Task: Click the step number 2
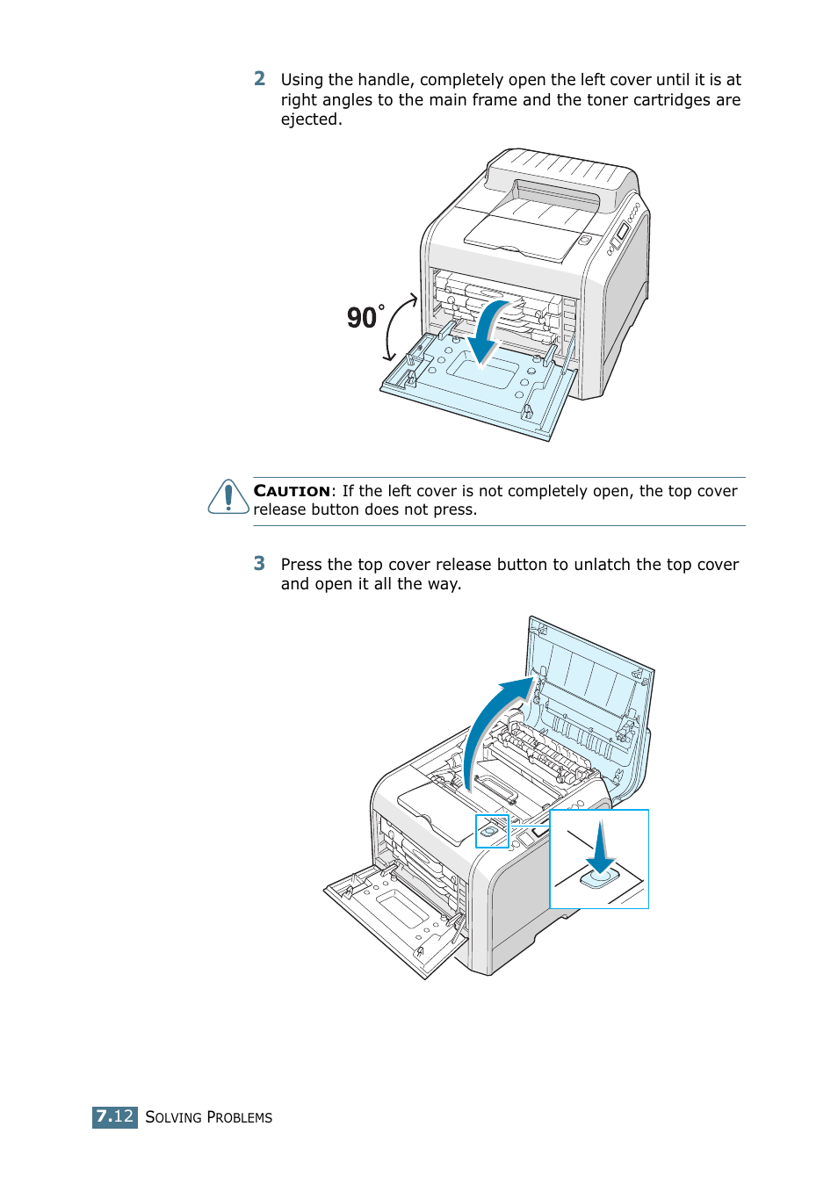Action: (259, 79)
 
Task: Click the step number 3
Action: (259, 564)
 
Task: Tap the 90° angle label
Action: (365, 317)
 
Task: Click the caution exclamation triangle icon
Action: (228, 497)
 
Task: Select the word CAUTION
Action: (292, 491)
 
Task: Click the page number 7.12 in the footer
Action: (115, 1116)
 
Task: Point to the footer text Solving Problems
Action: (208, 1117)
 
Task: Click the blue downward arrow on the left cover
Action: (486, 334)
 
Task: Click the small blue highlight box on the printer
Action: (492, 831)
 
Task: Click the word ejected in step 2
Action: (309, 119)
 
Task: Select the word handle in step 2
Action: (380, 80)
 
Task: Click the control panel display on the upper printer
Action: (622, 231)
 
